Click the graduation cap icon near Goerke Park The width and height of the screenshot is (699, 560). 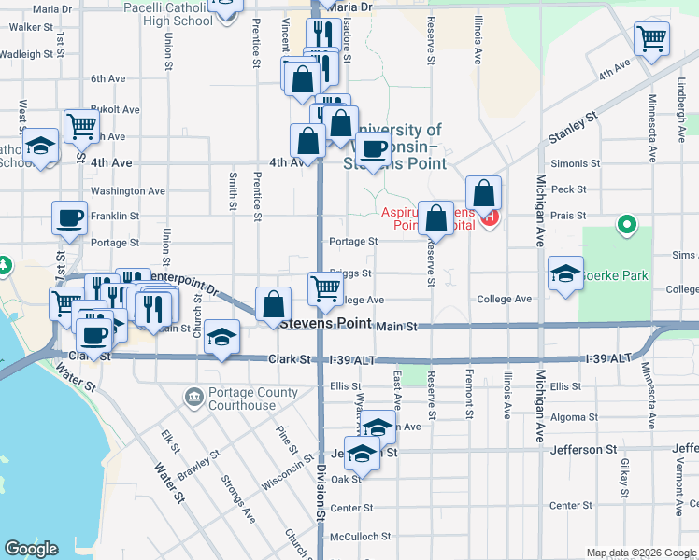(565, 274)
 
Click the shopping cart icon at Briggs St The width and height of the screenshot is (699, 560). (325, 287)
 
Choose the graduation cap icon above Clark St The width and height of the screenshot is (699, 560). (222, 338)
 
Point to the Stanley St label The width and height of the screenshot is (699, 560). (573, 129)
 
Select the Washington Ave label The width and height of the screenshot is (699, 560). (128, 191)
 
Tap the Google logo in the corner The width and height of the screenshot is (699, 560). (31, 549)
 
